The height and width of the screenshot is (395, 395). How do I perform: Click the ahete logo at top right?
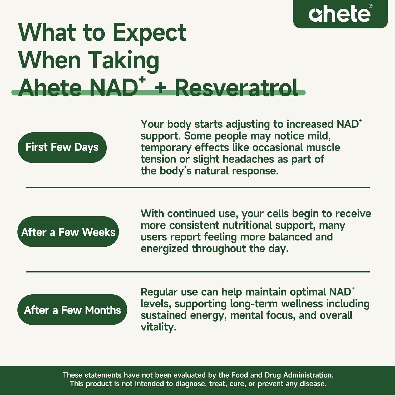(339, 14)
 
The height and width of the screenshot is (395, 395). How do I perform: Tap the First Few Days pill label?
(62, 147)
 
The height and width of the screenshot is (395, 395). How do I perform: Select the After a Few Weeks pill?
(68, 232)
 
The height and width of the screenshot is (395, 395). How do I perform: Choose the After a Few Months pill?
(72, 310)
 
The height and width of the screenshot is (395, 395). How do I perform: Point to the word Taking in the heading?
(124, 61)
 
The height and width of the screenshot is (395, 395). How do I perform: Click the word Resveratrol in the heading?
(236, 88)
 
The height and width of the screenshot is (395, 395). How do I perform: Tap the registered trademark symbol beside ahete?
(371, 6)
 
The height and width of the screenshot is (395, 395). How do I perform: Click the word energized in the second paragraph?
(164, 249)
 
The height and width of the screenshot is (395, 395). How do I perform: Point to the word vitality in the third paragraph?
(158, 327)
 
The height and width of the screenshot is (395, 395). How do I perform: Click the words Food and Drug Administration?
(282, 375)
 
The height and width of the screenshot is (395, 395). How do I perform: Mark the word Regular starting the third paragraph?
(159, 292)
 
